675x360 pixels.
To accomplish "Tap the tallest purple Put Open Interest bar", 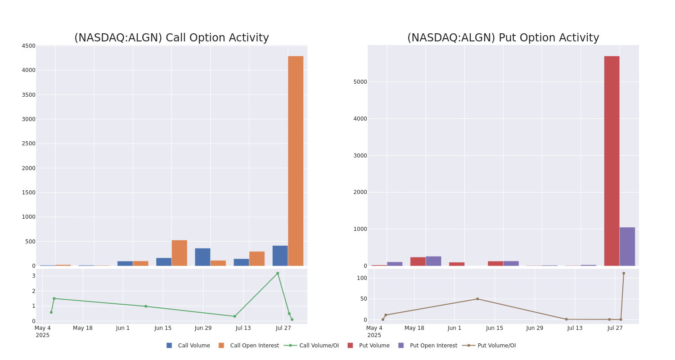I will coord(627,247).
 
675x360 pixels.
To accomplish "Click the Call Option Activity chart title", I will coord(171,38).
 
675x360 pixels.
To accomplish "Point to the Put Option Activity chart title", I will coord(503,38).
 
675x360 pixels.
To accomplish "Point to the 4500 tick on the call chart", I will coord(28,46).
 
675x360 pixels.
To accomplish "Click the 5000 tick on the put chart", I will coord(360,82).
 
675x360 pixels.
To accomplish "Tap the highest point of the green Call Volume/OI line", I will coord(278,273).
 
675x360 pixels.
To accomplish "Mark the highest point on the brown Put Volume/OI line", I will coord(624,273).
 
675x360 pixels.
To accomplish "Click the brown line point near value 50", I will coord(477,299).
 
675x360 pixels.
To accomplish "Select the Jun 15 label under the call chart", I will coord(163,328).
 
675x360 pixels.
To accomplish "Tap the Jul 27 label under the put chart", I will coord(615,328).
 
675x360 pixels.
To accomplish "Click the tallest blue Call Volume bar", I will coord(280,256).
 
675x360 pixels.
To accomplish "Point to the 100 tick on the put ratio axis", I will coord(362,278).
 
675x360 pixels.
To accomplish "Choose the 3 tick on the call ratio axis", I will coord(33,276).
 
